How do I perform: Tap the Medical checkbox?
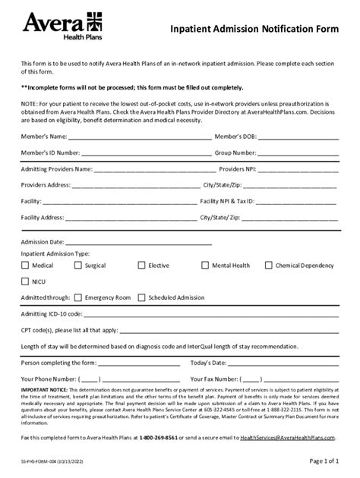click(25, 266)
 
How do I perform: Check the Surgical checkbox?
click(79, 266)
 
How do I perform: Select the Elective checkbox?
click(142, 266)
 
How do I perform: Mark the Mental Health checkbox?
click(205, 266)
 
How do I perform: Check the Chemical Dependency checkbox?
click(269, 266)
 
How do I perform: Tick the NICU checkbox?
click(25, 281)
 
